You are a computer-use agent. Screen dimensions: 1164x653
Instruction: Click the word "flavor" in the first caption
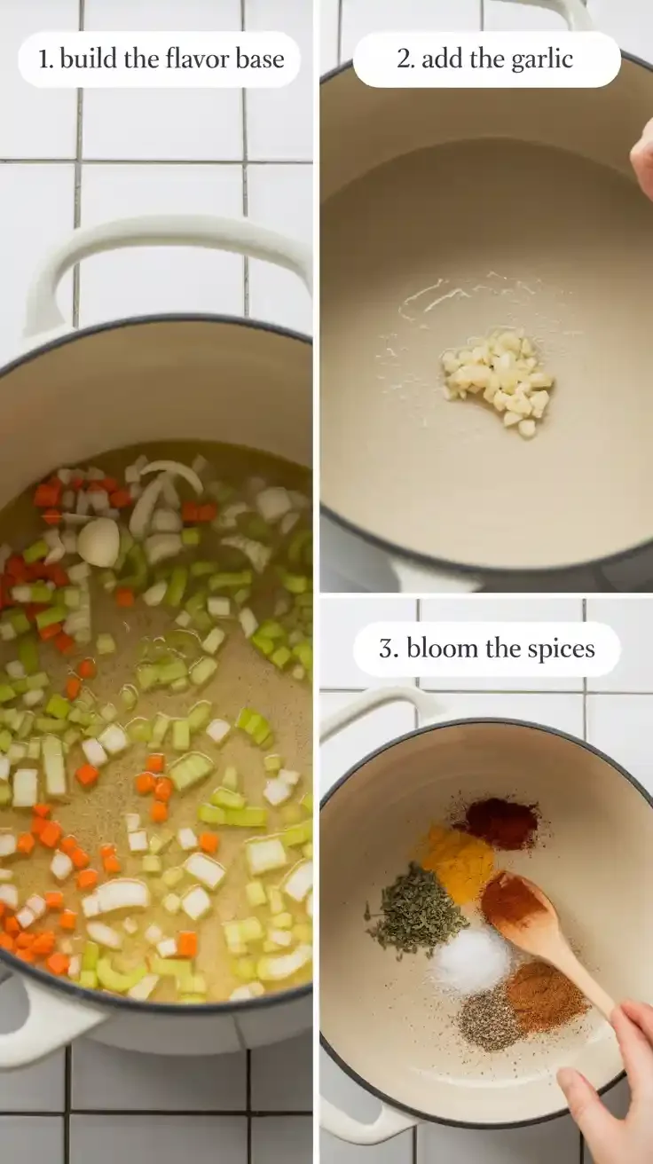tap(187, 59)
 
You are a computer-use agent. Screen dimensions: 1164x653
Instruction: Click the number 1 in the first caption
tap(43, 59)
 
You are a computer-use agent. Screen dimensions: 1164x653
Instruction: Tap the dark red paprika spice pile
tap(500, 822)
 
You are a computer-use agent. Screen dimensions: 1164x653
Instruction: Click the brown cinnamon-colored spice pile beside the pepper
tap(546, 995)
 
